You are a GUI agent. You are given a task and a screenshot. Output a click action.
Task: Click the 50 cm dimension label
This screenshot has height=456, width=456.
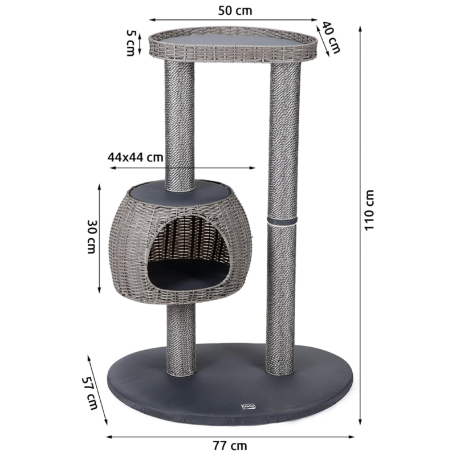[x=235, y=11]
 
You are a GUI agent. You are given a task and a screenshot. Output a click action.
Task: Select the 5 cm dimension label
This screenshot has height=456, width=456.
[x=130, y=43]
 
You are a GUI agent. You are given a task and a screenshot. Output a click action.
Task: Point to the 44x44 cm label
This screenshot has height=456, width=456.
[x=136, y=157]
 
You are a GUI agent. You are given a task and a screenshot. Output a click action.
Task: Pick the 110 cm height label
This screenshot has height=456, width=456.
[x=369, y=210]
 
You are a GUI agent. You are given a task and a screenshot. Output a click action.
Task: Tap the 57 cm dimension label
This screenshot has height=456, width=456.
[x=89, y=393]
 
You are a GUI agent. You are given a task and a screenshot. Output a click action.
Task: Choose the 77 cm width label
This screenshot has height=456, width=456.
[x=230, y=445]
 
